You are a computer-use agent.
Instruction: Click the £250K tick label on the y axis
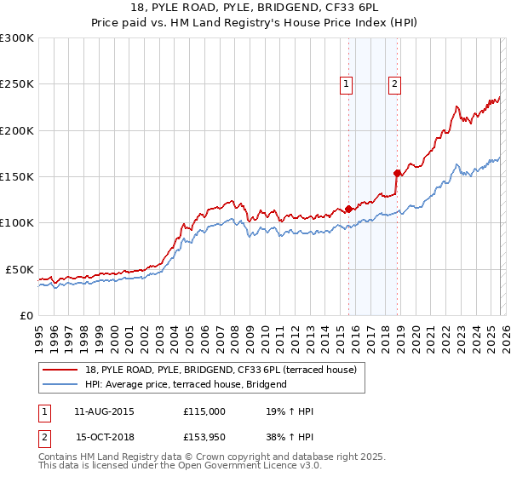coord(17,84)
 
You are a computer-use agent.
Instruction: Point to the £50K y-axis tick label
coord(20,269)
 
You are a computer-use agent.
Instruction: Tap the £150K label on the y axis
coord(17,177)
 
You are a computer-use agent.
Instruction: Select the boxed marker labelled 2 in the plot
coord(396,83)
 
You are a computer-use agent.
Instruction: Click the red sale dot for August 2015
coord(348,209)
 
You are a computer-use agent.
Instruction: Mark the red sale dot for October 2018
coord(397,173)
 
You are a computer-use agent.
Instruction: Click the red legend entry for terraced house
coord(225,370)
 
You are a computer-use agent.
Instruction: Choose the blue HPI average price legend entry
coord(186,384)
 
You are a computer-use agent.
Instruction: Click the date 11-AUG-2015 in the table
coord(104,411)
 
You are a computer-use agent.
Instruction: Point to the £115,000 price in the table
coord(204,411)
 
